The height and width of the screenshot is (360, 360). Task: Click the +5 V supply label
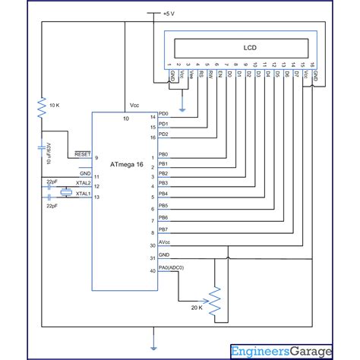168,14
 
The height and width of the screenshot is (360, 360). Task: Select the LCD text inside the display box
250,48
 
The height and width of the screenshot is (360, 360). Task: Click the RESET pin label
82,154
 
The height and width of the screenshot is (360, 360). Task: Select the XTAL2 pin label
82,184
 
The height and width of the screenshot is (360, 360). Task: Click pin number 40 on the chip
153,270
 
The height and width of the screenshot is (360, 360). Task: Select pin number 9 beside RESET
96,157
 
